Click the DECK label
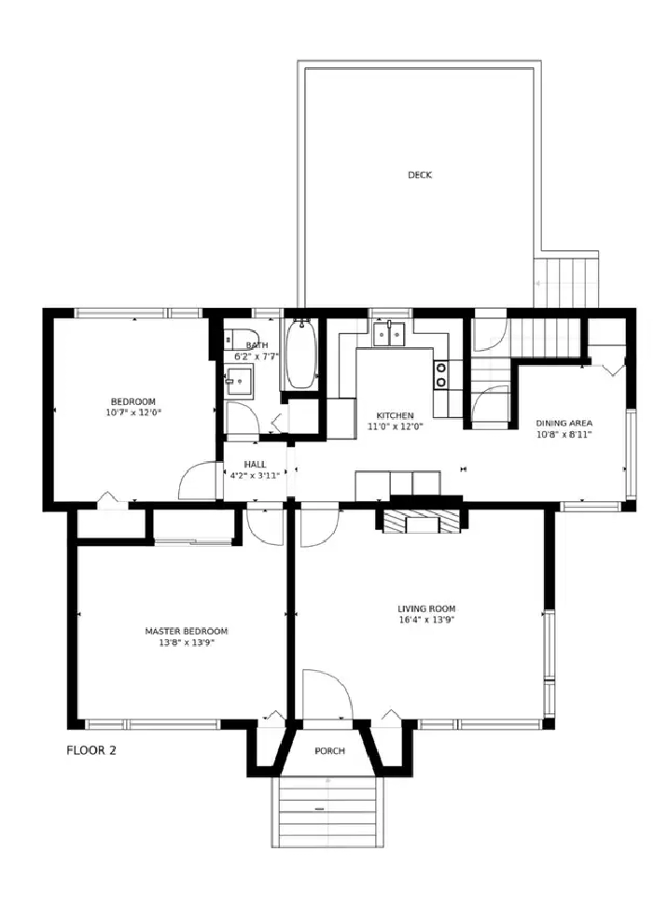coord(420,175)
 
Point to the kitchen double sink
coord(390,333)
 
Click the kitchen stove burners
coord(440,374)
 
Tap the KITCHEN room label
coord(396,416)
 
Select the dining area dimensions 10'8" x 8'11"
coord(564,434)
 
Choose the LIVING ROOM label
coord(426,608)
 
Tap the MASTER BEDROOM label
coord(187,631)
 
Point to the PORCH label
coord(330,751)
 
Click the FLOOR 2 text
coord(91,750)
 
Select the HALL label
coord(256,465)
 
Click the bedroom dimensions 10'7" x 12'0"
coord(133,412)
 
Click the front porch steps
coord(327,811)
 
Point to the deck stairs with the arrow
coord(566,283)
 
